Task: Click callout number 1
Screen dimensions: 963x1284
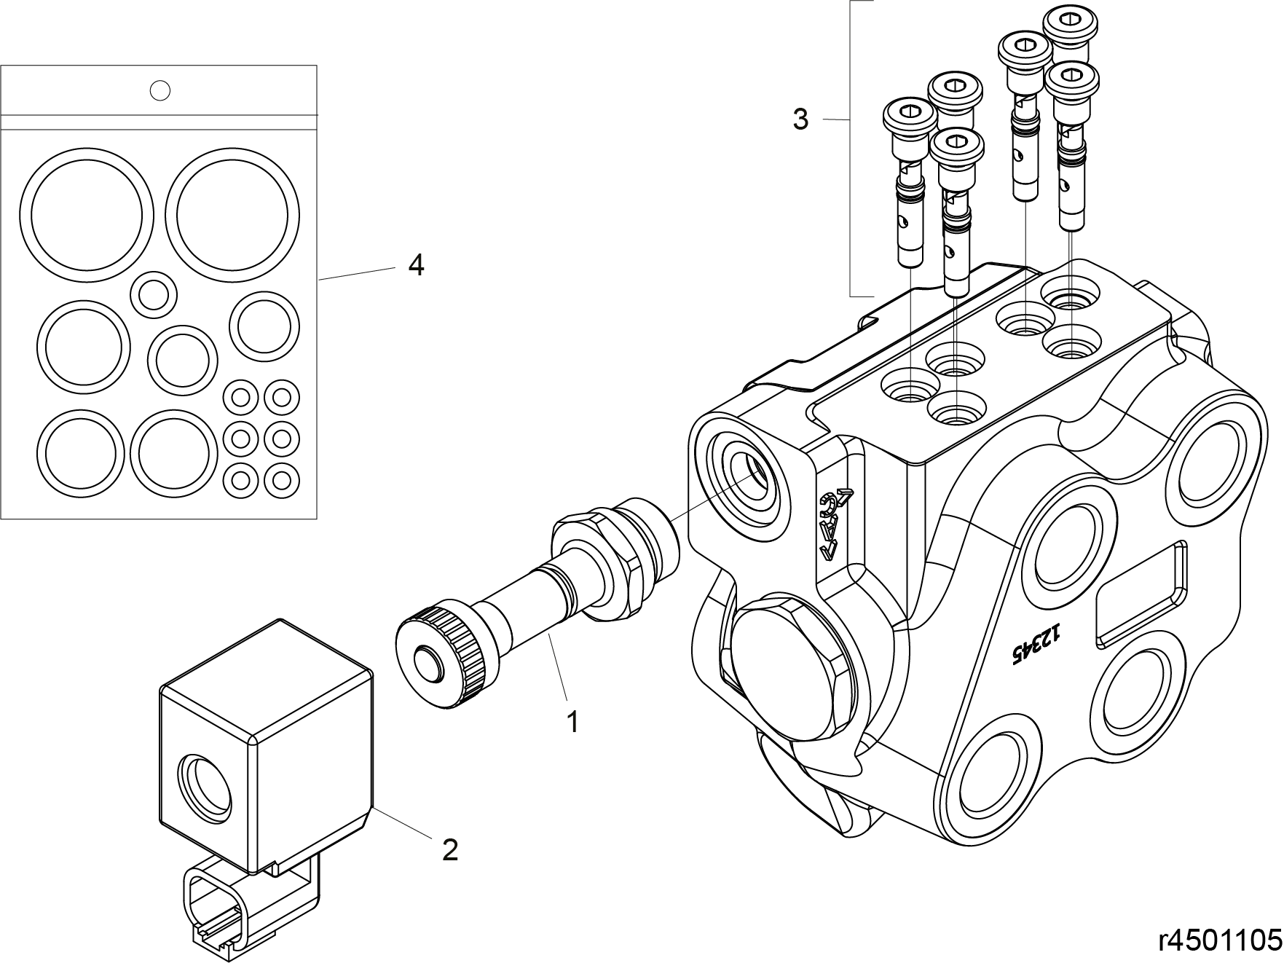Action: [x=573, y=722]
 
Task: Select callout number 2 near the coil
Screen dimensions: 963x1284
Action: [x=450, y=849]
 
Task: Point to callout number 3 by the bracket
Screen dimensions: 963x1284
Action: [x=800, y=119]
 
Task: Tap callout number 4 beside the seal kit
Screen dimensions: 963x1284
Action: [x=416, y=265]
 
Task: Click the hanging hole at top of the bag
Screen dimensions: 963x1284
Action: [x=159, y=90]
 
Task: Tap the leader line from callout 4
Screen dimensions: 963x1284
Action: [x=357, y=274]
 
